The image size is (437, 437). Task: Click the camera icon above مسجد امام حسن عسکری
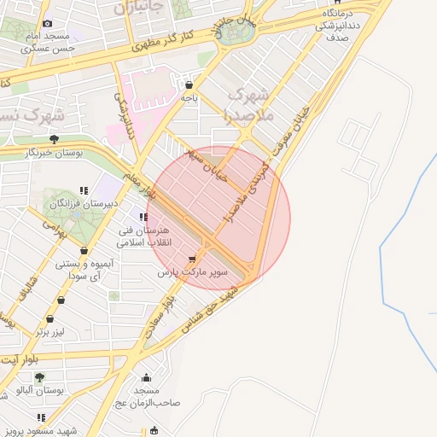point(47,23)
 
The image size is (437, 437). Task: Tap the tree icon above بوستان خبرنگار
point(54,137)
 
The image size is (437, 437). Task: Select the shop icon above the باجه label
point(189,84)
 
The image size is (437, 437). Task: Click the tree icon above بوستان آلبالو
point(39,376)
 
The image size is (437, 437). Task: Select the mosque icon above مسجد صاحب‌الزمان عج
point(147,379)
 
